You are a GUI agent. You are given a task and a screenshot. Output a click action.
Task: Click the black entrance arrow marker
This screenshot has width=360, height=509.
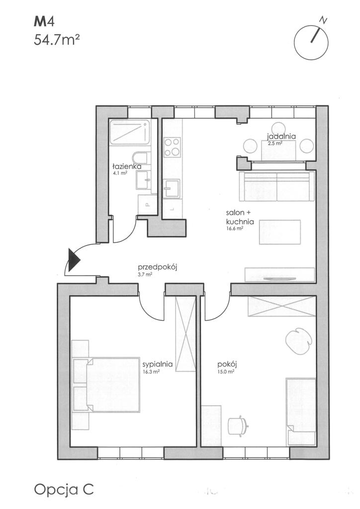click(x=73, y=259)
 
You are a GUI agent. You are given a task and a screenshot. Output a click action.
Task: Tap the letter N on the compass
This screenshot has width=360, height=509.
click(x=323, y=20)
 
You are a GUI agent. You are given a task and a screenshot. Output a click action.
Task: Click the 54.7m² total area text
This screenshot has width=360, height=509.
click(x=57, y=40)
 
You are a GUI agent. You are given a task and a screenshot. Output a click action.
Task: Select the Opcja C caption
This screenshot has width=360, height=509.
click(x=64, y=490)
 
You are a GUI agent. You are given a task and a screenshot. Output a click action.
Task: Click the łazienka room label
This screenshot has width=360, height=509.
click(x=127, y=166)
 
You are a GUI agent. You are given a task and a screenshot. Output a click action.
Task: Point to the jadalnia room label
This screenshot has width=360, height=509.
click(x=281, y=136)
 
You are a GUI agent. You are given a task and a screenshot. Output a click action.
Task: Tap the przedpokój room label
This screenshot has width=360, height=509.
click(x=157, y=267)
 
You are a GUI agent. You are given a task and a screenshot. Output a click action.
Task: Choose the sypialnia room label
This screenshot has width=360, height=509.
click(x=157, y=364)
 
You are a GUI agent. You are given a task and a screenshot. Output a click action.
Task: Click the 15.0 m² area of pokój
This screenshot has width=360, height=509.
click(x=226, y=372)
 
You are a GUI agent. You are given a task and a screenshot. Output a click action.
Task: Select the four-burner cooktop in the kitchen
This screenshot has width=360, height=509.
click(x=172, y=147)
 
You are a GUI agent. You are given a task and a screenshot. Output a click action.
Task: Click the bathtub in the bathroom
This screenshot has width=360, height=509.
click(x=130, y=132)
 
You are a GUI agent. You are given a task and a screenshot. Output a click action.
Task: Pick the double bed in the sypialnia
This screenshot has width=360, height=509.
click(x=106, y=385)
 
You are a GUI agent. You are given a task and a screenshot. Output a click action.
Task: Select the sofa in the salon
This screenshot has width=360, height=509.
click(x=276, y=186)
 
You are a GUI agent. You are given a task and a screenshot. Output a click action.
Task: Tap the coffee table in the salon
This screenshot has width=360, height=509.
click(x=279, y=232)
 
